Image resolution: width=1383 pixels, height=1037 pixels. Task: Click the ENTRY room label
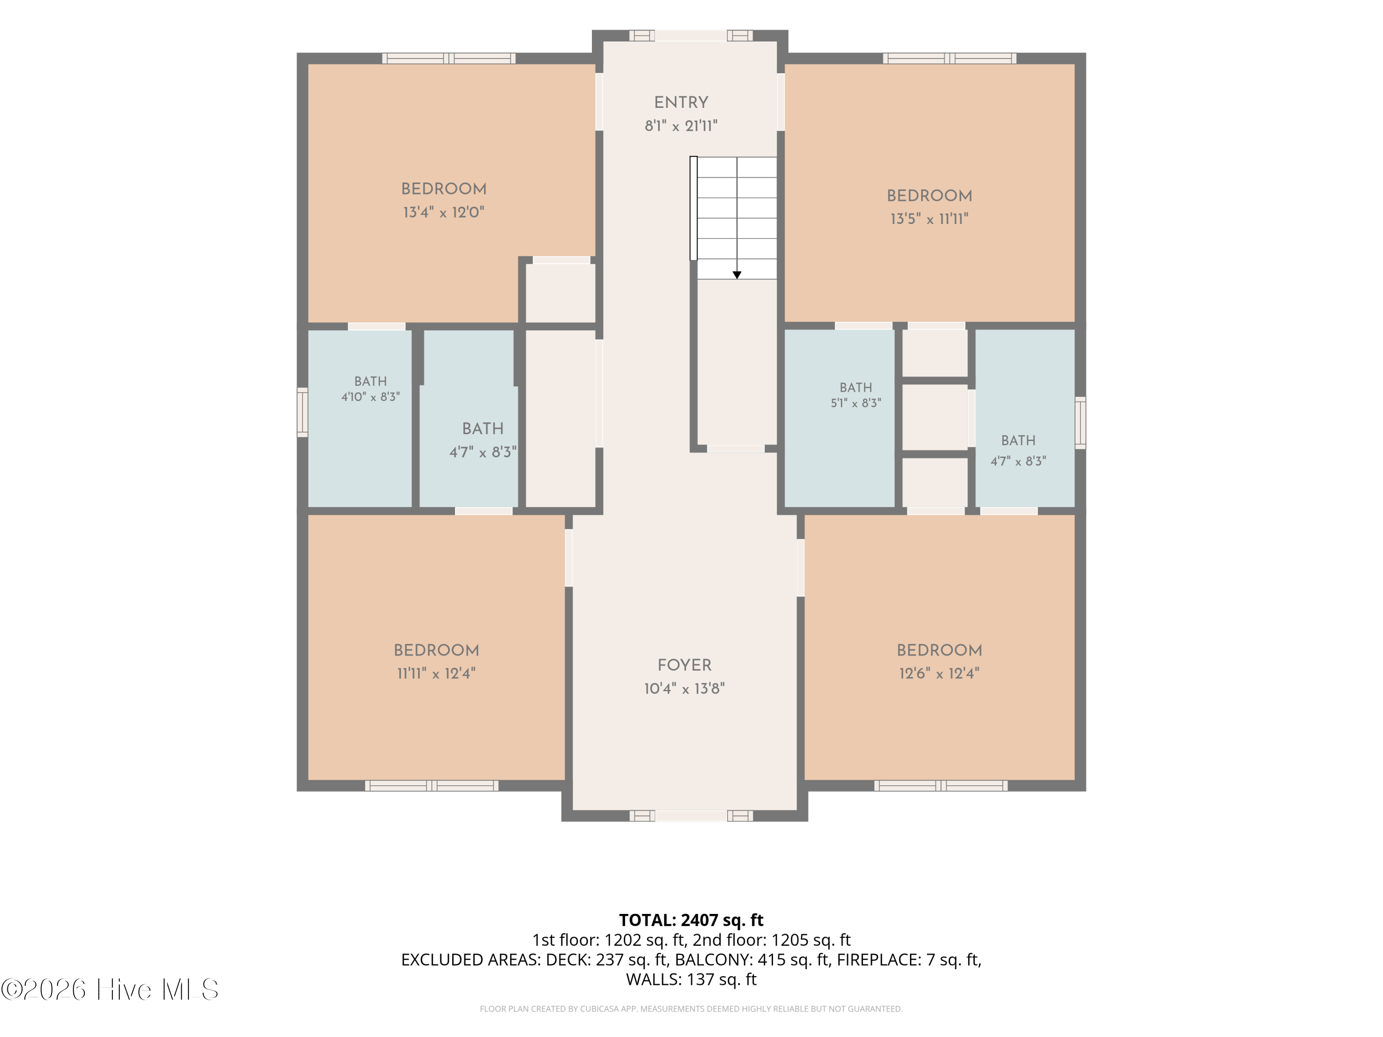tap(681, 102)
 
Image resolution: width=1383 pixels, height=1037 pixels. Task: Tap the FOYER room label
tap(684, 665)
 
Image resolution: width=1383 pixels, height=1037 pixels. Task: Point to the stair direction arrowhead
tap(737, 275)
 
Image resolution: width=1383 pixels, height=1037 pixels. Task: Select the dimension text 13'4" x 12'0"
tap(443, 212)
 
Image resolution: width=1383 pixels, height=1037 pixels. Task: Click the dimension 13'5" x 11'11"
tap(929, 219)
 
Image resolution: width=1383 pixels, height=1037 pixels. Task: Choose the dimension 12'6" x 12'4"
tap(939, 673)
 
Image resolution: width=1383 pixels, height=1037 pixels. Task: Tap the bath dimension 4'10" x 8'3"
tap(370, 397)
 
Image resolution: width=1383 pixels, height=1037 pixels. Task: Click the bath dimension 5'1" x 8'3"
tap(855, 403)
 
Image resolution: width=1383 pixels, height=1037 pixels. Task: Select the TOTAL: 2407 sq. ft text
tap(691, 920)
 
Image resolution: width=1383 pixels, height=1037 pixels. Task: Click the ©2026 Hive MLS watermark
tap(109, 990)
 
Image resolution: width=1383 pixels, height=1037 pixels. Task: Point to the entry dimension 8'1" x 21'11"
tap(681, 126)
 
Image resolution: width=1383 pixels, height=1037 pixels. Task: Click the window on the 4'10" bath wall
tap(302, 412)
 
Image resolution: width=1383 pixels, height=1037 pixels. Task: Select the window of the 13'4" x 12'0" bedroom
tap(449, 59)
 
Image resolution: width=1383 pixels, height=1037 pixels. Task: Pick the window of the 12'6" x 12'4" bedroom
tap(940, 786)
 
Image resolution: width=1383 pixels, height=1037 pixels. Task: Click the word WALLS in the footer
tap(653, 979)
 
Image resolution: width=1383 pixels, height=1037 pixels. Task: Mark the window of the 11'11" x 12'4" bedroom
tap(432, 786)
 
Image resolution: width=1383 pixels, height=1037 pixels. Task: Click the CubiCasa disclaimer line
tap(691, 1009)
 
